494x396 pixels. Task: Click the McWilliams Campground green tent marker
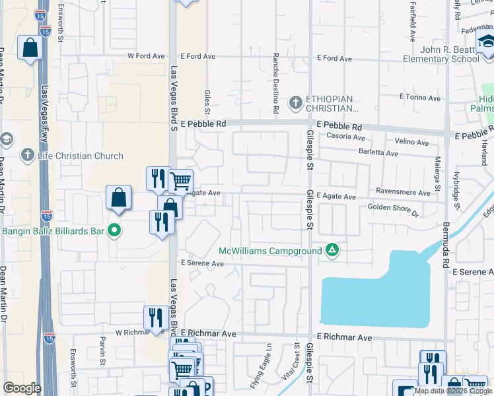tap(332, 250)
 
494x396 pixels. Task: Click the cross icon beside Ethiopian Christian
tap(295, 102)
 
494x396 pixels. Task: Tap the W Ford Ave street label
tap(146, 57)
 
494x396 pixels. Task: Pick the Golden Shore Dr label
tap(393, 211)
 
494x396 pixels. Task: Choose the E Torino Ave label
tap(420, 98)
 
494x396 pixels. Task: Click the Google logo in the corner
tap(22, 388)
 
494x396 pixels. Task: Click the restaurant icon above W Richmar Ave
tap(153, 317)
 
